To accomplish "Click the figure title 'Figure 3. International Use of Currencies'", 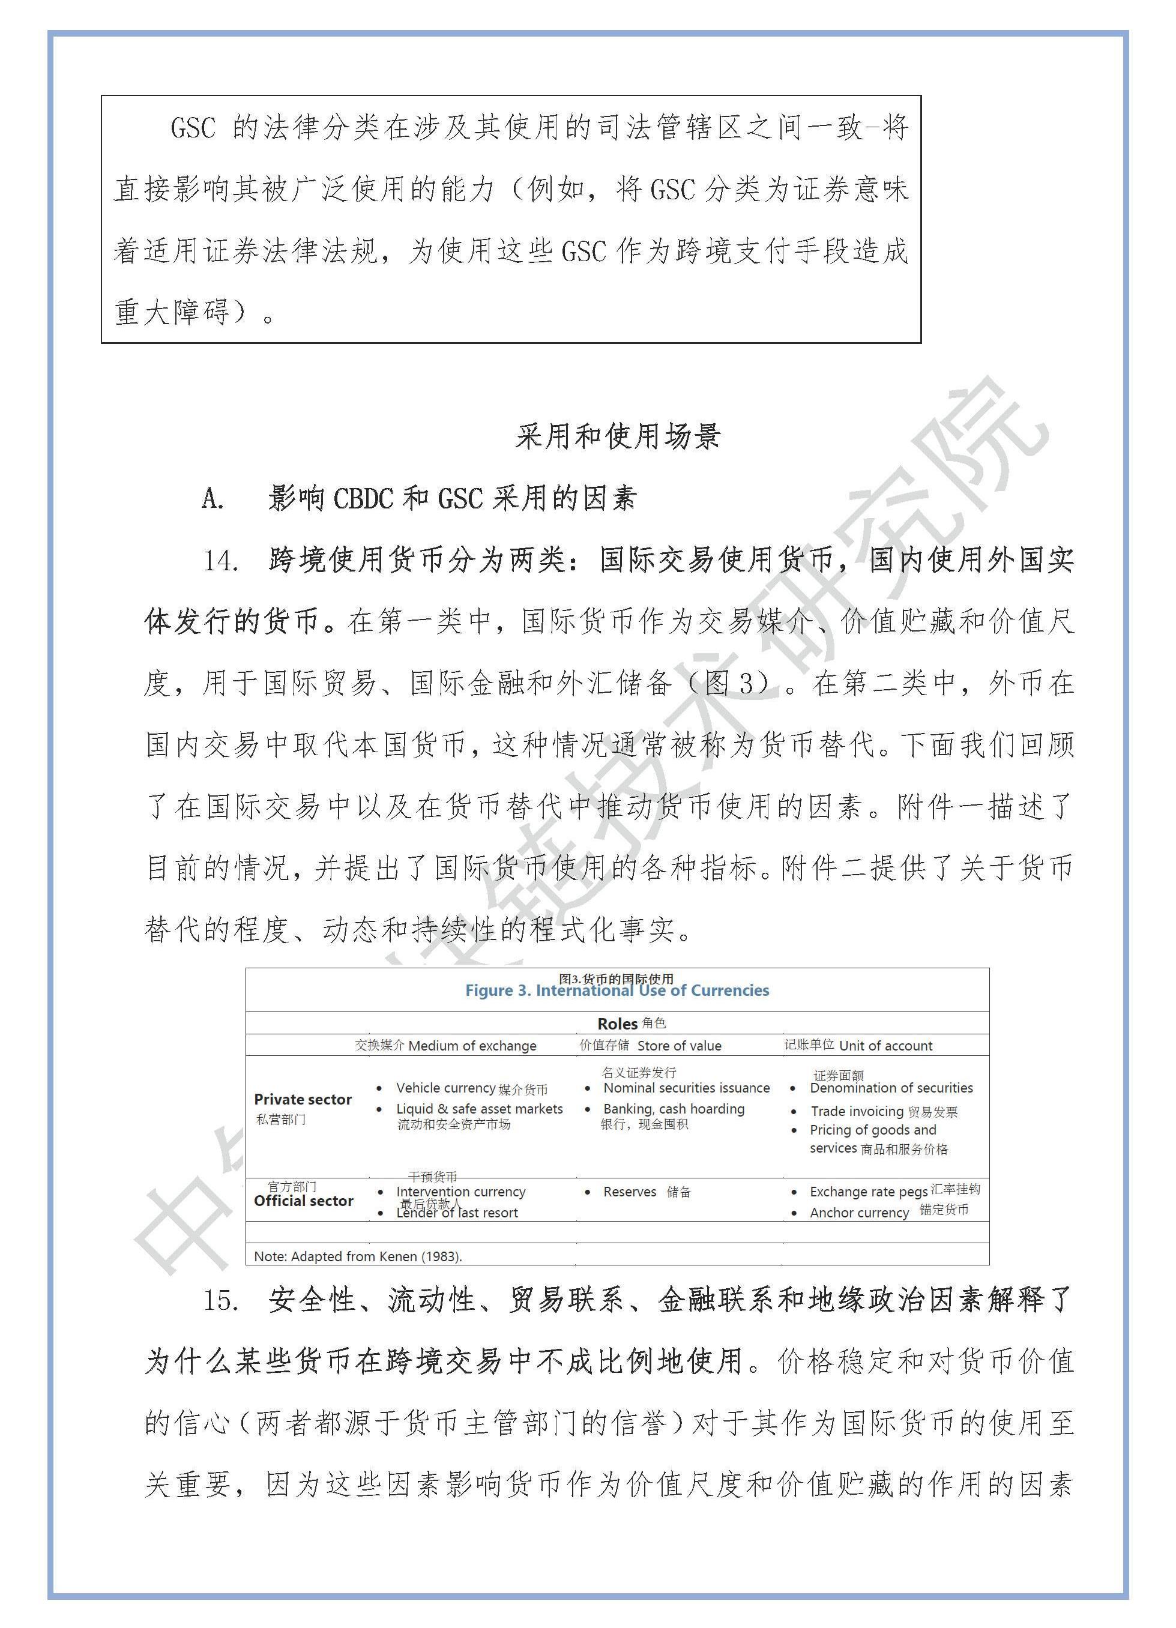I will coord(617,990).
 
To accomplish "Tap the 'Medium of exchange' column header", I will coord(472,1046).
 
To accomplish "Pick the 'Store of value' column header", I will coord(678,1046).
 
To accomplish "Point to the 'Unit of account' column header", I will coord(885,1046).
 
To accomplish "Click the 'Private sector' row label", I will coord(303,1099).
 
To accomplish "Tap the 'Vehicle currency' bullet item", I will coord(445,1088).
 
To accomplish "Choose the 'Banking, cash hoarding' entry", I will coord(674,1109).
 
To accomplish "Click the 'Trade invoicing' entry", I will coord(857,1111).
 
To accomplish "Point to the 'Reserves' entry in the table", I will coord(630,1192).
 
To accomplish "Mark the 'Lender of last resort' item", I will coord(457,1213).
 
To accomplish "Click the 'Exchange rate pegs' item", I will coord(868,1192).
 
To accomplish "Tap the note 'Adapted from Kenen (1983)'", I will coord(358,1256).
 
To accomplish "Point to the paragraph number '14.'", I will coord(220,561).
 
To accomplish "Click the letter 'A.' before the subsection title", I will coord(213,498).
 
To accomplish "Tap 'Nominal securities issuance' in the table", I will coord(686,1088).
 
